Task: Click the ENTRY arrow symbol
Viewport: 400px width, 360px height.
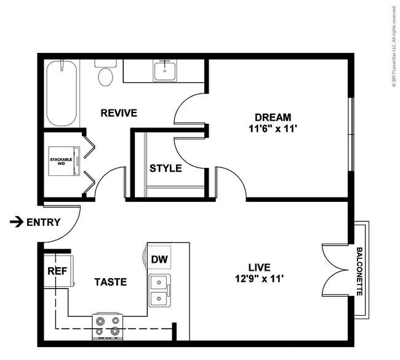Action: [17, 222]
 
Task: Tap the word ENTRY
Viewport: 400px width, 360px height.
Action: [44, 222]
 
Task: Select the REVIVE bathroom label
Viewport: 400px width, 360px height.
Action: [119, 113]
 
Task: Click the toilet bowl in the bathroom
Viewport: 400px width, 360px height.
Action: [106, 77]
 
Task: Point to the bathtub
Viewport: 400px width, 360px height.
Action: [62, 93]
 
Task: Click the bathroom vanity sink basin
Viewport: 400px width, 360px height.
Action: [165, 71]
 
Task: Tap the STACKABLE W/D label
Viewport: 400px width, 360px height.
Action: [61, 161]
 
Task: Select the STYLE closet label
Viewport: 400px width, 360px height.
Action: [166, 169]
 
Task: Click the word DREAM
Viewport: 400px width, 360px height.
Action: [273, 118]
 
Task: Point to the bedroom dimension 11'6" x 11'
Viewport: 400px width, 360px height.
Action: [273, 129]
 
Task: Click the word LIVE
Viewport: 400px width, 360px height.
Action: [260, 268]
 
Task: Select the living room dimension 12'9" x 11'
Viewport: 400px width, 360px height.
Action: [260, 279]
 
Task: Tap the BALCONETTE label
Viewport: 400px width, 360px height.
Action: [359, 271]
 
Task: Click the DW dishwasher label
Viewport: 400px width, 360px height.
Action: [159, 260]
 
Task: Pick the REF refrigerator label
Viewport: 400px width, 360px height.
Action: [57, 271]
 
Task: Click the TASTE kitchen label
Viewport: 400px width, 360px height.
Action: [110, 282]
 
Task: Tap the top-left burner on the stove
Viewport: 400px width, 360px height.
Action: [100, 321]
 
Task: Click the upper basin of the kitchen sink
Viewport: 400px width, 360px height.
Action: [159, 282]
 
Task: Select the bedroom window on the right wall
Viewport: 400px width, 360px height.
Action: [351, 134]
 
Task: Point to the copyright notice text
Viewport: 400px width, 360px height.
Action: [394, 46]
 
